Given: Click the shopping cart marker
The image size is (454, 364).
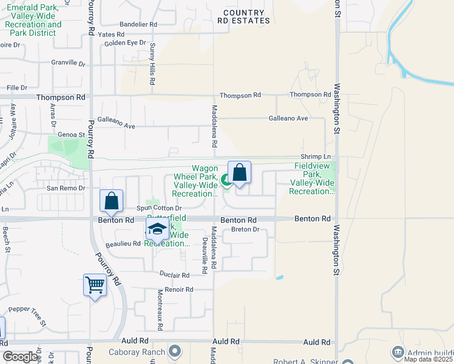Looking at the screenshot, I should click(x=95, y=285).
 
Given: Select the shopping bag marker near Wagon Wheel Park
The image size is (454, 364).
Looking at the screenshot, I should click(x=240, y=172).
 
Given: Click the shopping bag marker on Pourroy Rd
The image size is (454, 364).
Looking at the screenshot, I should click(x=112, y=201).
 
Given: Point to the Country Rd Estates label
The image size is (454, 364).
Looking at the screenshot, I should click(x=243, y=16).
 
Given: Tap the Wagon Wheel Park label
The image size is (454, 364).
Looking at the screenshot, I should click(x=195, y=181).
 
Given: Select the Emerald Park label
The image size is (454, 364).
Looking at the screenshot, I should click(x=33, y=16).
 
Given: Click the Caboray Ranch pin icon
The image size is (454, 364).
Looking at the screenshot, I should click(x=175, y=351).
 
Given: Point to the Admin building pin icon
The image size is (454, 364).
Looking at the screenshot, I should click(x=398, y=351).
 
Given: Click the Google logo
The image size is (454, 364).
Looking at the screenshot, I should click(x=20, y=357).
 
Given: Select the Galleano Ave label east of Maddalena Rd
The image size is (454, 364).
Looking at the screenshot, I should click(x=288, y=118).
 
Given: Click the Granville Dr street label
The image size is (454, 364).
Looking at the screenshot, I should click(x=68, y=62).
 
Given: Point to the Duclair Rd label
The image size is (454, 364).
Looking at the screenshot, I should click(x=175, y=275).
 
